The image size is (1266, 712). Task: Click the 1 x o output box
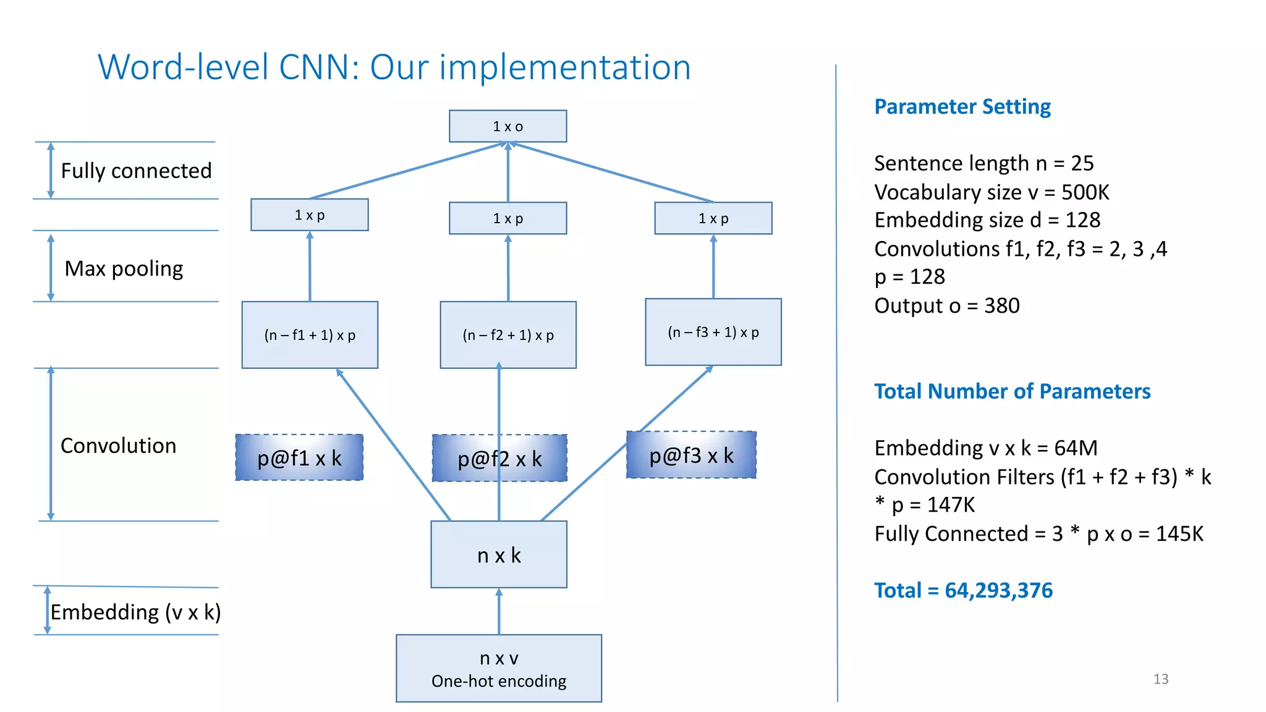(508, 127)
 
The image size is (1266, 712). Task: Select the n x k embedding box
(499, 554)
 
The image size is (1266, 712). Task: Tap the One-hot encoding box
(499, 668)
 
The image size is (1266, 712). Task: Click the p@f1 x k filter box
(299, 458)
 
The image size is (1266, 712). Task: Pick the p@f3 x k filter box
(691, 456)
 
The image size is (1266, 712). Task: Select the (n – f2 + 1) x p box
(508, 335)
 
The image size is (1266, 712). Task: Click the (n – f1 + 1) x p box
(310, 335)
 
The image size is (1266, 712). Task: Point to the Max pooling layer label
(124, 269)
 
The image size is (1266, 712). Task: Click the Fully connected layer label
(136, 171)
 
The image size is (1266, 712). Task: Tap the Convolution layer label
(118, 446)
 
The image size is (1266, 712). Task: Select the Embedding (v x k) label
(135, 612)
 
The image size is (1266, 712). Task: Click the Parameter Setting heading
(962, 107)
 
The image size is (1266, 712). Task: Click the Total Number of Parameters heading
(1012, 391)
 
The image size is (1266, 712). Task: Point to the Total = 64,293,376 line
(962, 590)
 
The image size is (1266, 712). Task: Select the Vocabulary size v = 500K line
(991, 192)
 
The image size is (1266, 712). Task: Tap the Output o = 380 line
(946, 305)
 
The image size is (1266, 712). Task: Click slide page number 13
(1160, 679)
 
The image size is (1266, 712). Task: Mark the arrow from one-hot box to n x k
(499, 611)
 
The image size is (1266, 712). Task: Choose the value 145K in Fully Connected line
(1179, 533)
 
